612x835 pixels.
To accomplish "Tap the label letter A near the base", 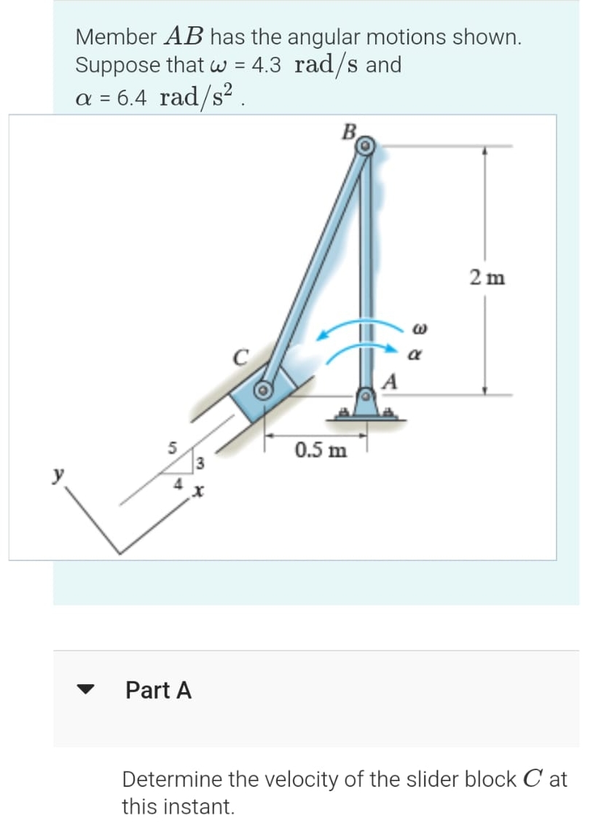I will pyautogui.click(x=391, y=381).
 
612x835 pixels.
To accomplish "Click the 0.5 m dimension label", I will pyautogui.click(x=321, y=450).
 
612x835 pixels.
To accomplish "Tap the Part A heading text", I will pyautogui.click(x=158, y=689).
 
